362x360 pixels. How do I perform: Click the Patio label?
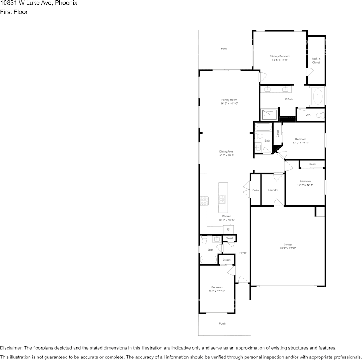(224, 49)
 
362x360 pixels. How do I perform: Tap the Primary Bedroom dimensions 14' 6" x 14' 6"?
(280, 60)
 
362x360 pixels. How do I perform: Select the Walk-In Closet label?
(316, 61)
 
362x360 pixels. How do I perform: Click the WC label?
(308, 115)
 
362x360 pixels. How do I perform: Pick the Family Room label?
(229, 100)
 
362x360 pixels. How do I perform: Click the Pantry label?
(255, 190)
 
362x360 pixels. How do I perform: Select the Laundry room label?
(273, 190)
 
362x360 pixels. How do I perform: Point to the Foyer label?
(243, 253)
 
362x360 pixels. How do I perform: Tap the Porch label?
(223, 323)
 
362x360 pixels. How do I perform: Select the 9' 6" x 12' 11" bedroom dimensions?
(217, 291)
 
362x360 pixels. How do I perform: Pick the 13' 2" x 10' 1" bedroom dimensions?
(300, 143)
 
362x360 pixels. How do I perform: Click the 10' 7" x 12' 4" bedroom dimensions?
(305, 185)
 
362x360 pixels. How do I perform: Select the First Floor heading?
(14, 12)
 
